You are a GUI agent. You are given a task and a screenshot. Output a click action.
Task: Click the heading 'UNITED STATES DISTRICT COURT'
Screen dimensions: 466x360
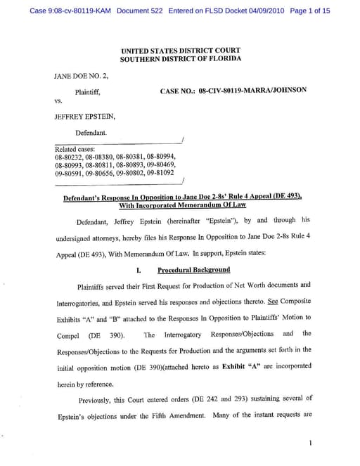pyautogui.click(x=180, y=51)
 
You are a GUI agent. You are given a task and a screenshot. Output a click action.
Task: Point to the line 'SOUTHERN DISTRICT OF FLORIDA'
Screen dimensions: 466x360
pyautogui.click(x=180, y=58)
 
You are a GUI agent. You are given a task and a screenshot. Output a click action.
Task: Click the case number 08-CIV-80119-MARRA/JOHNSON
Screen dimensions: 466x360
pyautogui.click(x=252, y=91)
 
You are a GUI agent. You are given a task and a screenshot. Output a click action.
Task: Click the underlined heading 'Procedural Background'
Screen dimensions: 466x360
pyautogui.click(x=193, y=270)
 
